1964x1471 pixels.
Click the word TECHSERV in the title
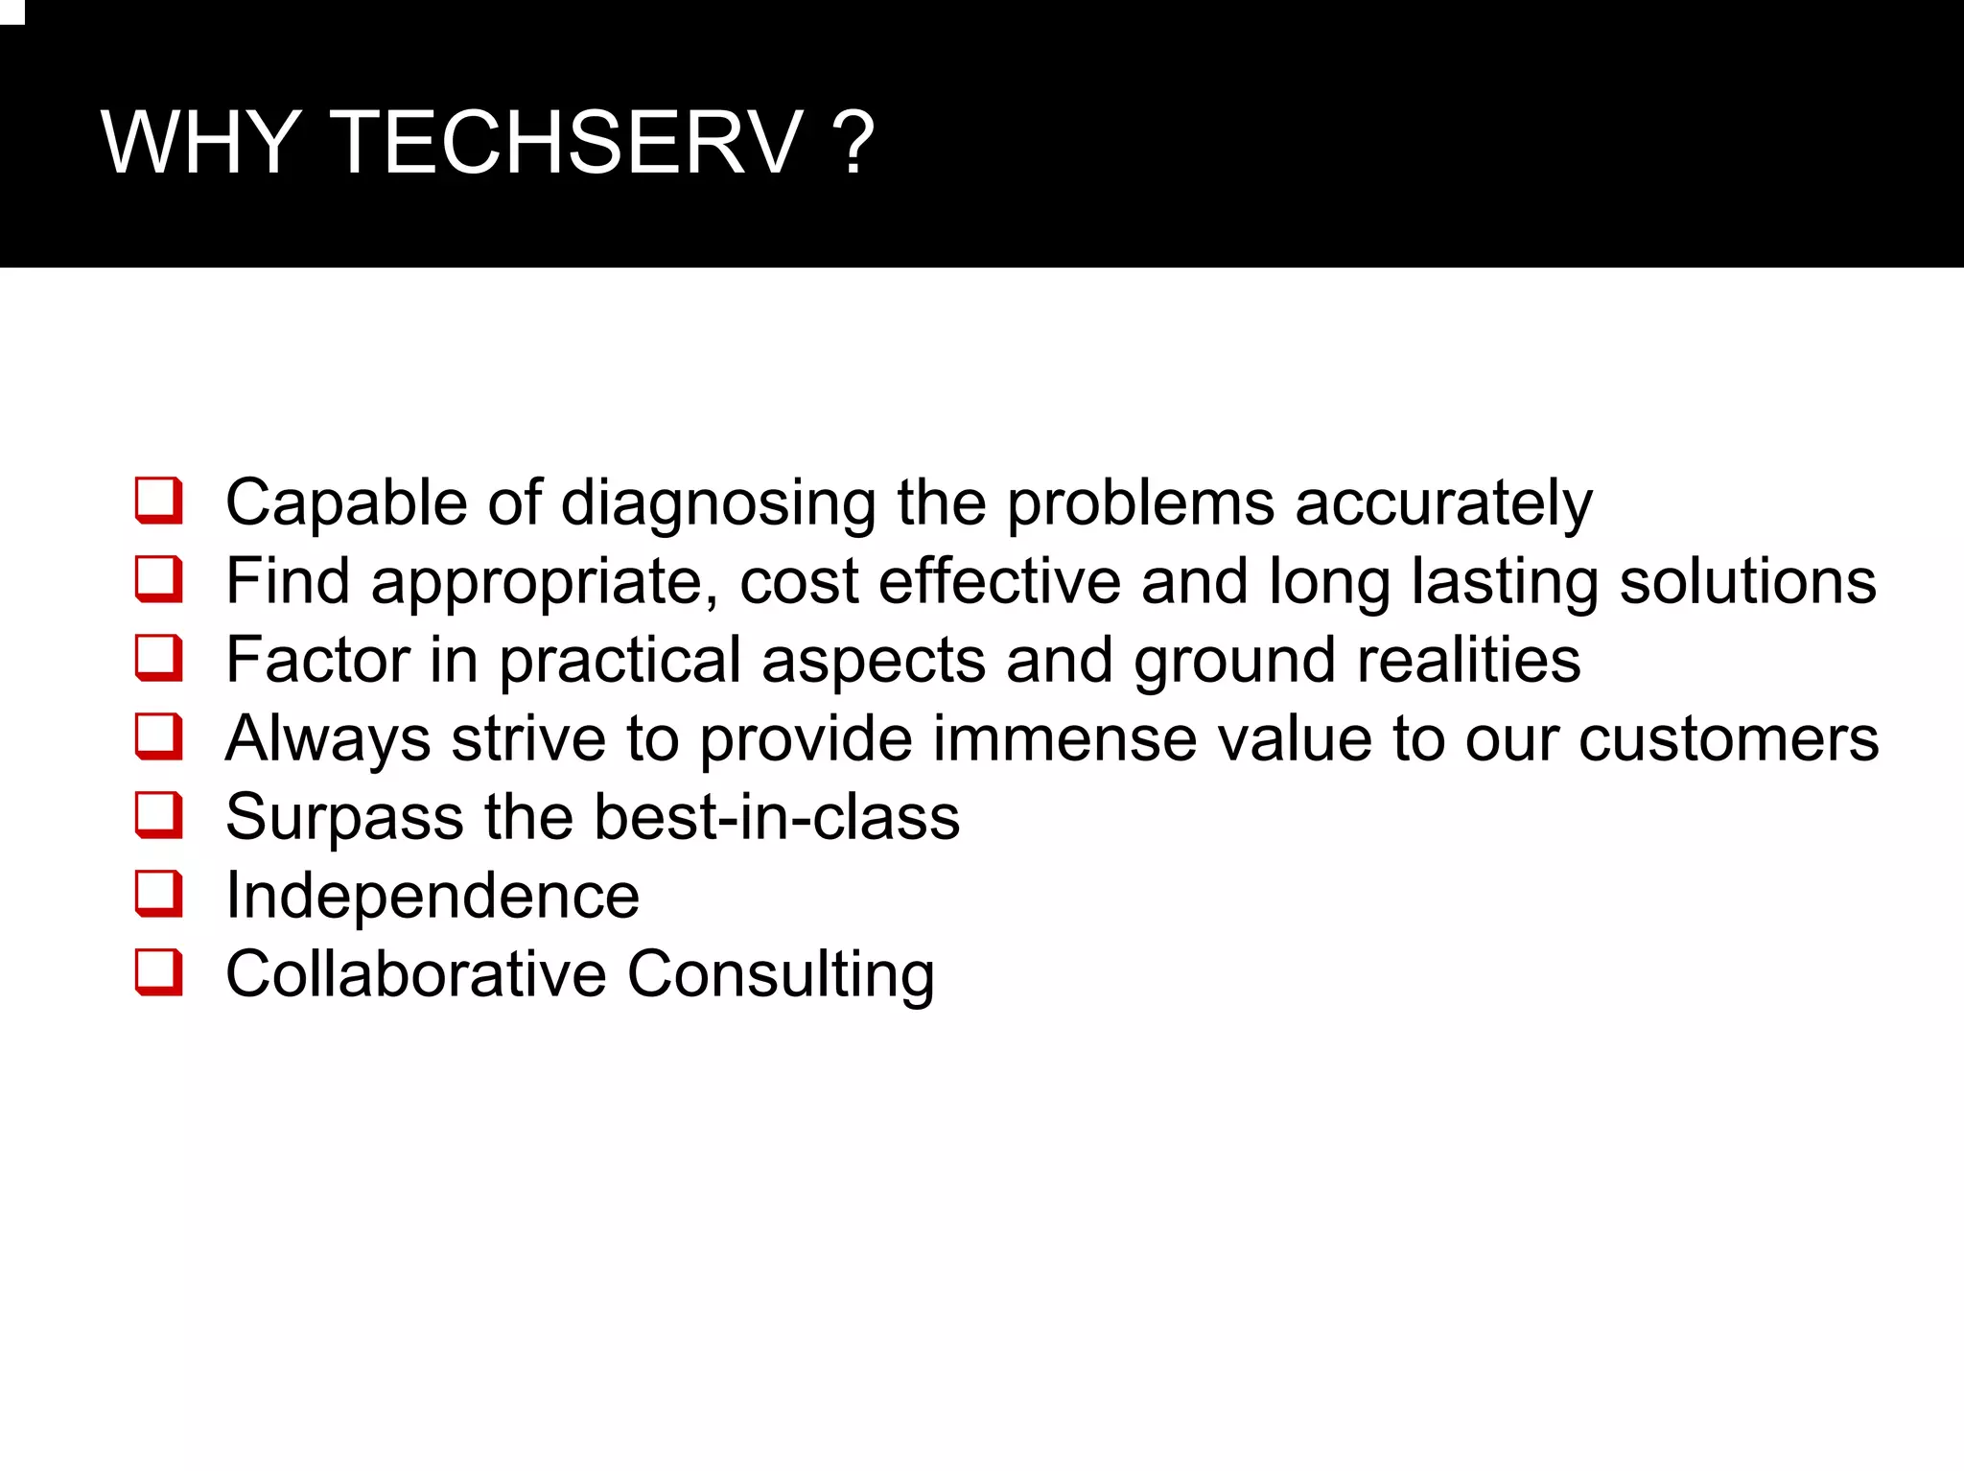coord(566,144)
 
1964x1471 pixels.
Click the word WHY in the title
coord(201,144)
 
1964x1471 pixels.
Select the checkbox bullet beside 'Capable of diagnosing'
coord(158,501)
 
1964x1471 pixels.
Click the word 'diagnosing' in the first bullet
coord(717,504)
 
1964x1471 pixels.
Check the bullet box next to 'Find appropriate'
coord(158,579)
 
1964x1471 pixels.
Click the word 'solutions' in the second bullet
coord(1747,581)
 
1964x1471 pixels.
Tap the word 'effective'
coord(999,581)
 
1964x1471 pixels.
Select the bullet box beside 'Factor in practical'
coord(158,658)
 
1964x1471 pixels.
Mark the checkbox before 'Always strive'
coord(158,736)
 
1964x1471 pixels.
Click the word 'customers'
coord(1728,738)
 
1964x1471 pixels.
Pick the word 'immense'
coord(1064,738)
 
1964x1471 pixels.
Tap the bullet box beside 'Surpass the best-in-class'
coord(158,815)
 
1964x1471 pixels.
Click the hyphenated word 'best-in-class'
coord(777,817)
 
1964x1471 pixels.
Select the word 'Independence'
coord(433,896)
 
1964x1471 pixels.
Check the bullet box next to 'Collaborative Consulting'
coord(158,972)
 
